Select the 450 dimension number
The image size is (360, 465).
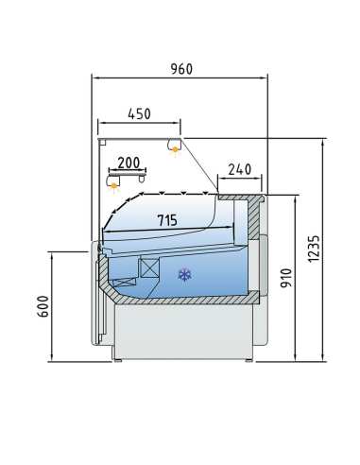(x=139, y=113)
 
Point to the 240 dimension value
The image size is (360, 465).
(x=240, y=170)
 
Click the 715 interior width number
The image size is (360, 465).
(x=166, y=220)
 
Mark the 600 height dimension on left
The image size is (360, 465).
(x=43, y=306)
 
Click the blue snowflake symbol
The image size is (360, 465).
(x=184, y=275)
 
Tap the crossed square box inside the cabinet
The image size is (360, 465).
(x=149, y=267)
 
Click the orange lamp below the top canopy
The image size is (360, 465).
(x=175, y=148)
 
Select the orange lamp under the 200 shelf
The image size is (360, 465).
(x=114, y=185)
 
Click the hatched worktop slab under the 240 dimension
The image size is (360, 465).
(x=241, y=198)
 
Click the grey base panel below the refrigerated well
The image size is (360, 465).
(x=184, y=331)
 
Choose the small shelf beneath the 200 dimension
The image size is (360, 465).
(x=127, y=174)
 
